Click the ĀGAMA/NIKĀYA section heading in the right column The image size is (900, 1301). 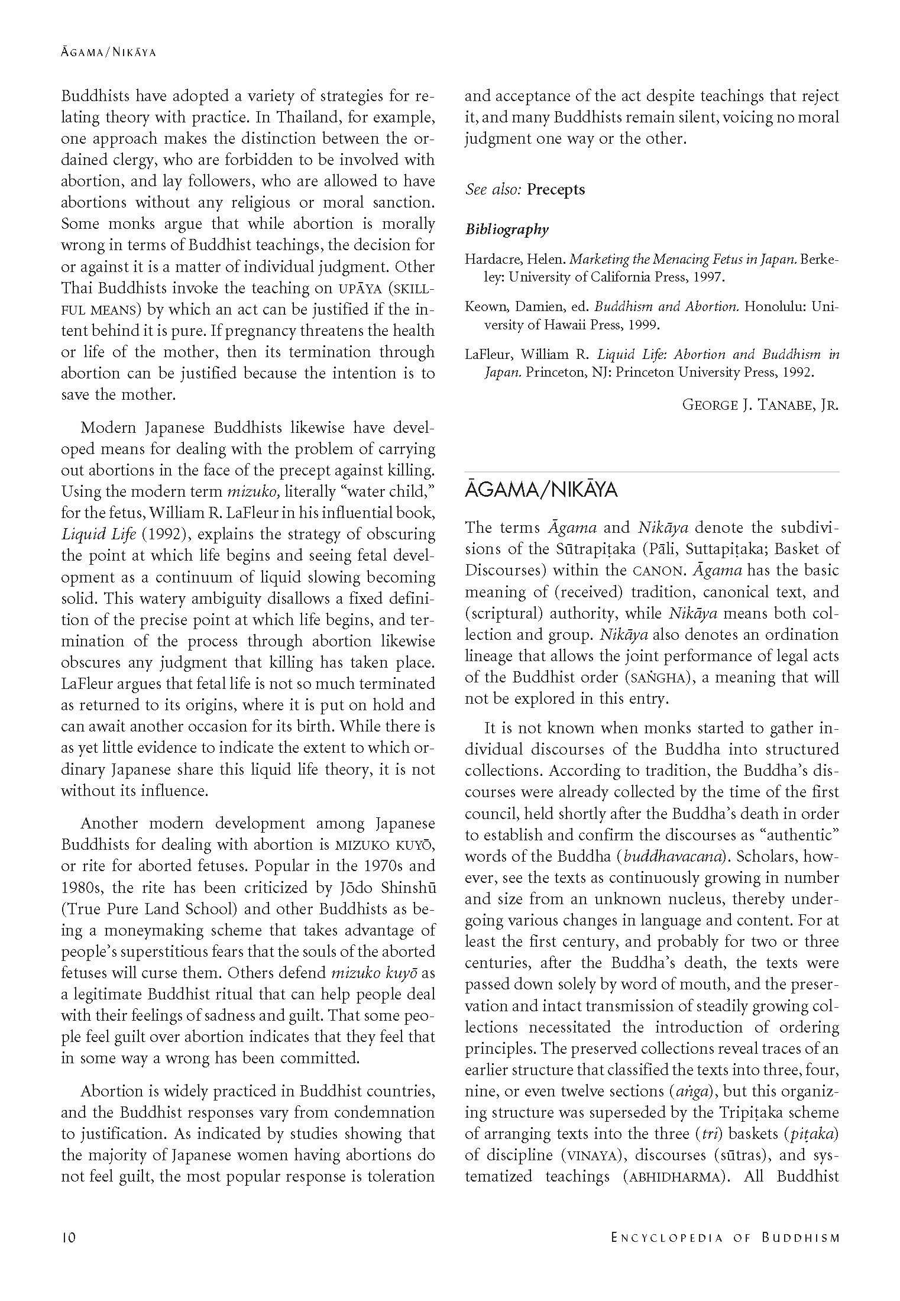[x=541, y=491]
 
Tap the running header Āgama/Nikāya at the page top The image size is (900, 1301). [x=108, y=52]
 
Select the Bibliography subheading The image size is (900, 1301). [x=507, y=229]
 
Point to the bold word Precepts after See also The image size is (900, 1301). [x=556, y=190]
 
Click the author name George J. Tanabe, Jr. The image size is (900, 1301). [x=760, y=405]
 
